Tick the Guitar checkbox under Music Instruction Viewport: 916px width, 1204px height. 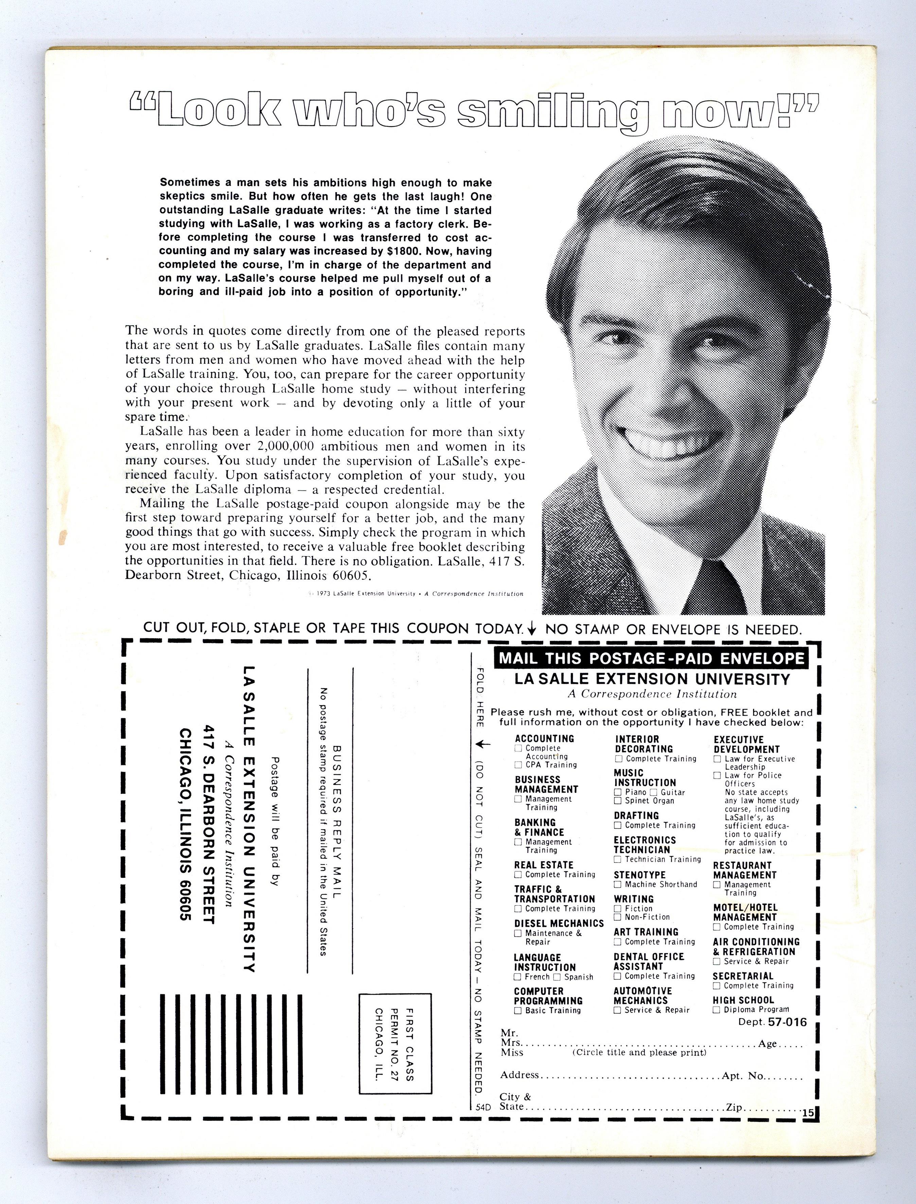tap(653, 792)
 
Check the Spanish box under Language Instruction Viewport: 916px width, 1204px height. tap(557, 977)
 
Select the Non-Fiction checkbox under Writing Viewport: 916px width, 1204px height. tap(618, 917)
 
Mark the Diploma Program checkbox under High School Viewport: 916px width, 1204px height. tap(717, 1009)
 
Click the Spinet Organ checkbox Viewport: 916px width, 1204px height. tap(618, 801)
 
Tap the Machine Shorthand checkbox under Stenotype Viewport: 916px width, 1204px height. tap(618, 885)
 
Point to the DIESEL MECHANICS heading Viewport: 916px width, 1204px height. tap(559, 923)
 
